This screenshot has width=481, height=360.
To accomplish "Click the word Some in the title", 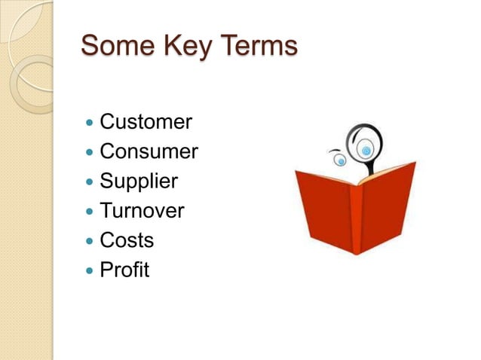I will [x=115, y=46].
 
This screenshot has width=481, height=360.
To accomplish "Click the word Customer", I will [x=146, y=122].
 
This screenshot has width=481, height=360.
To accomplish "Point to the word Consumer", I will [x=149, y=152].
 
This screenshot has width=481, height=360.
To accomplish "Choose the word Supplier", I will [x=139, y=182].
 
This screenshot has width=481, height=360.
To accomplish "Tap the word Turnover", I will [x=142, y=211].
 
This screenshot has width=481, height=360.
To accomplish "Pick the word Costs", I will [x=127, y=241].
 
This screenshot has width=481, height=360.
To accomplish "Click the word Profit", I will [x=124, y=270].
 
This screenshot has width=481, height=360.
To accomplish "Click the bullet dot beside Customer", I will [x=90, y=122].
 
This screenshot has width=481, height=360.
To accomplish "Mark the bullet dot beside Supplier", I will [x=90, y=182].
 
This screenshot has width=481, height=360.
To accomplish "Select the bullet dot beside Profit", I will [x=90, y=270].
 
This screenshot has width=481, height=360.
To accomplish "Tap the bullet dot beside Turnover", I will [x=90, y=211].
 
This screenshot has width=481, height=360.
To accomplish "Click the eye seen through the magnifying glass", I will [x=366, y=151].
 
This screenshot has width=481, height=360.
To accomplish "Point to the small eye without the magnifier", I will [x=341, y=160].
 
